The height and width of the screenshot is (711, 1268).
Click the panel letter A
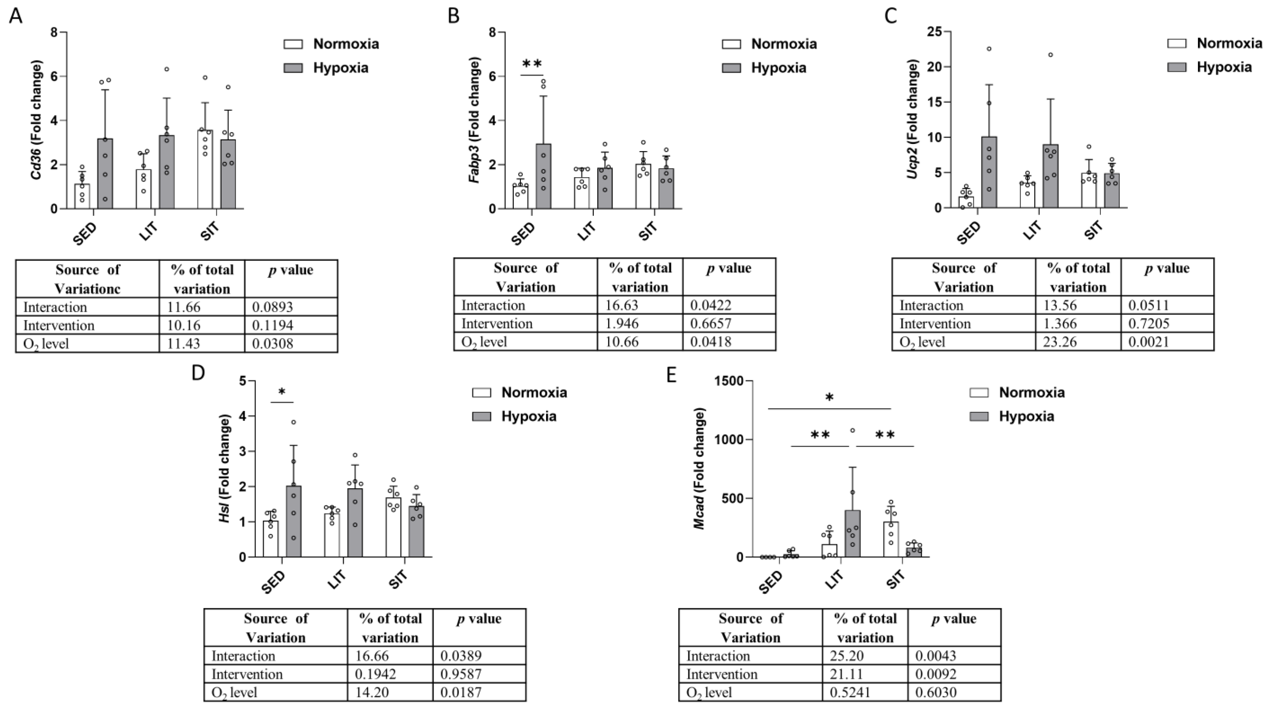(x=16, y=16)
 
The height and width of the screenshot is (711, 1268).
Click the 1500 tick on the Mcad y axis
(x=729, y=381)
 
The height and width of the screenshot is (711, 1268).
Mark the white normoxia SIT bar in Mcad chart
(x=891, y=539)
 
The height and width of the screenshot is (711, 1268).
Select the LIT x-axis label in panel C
(x=1033, y=230)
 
